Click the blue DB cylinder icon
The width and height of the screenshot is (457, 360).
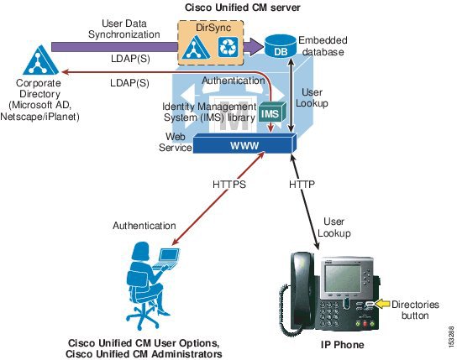(x=281, y=46)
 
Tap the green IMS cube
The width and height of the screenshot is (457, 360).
(x=272, y=112)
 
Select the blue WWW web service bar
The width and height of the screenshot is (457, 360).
(x=244, y=143)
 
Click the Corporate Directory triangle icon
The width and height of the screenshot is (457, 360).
(x=40, y=60)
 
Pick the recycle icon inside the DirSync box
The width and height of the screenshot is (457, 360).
(x=228, y=46)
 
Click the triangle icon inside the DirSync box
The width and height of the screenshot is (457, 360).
(x=196, y=47)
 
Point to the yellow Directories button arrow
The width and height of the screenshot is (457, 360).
(x=382, y=304)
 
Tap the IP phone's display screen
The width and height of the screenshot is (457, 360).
(x=343, y=279)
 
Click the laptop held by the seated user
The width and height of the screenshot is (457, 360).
(x=166, y=258)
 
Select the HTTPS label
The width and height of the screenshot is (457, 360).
(x=229, y=185)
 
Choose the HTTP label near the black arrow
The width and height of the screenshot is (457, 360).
(x=302, y=185)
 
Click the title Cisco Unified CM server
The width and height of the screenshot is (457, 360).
(x=243, y=8)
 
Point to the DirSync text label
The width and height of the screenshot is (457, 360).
(x=213, y=28)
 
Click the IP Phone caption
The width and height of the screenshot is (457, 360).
(x=343, y=345)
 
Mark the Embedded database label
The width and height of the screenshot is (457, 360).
(x=323, y=46)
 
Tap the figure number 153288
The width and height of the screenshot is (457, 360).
(x=451, y=337)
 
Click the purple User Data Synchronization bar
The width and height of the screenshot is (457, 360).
(x=114, y=47)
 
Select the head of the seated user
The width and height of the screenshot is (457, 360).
(x=141, y=252)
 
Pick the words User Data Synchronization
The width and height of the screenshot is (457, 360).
(x=124, y=29)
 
